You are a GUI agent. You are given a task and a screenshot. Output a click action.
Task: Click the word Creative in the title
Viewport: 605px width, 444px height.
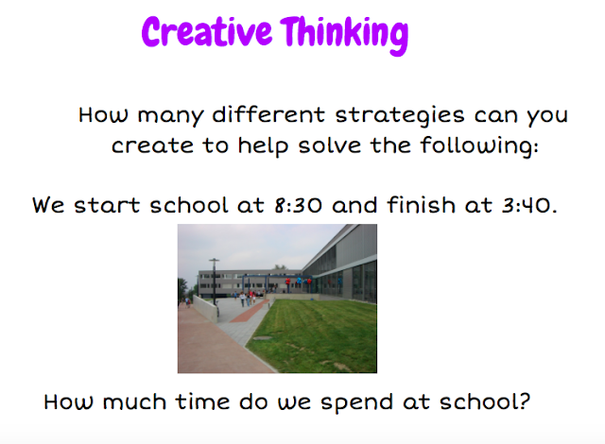(x=207, y=31)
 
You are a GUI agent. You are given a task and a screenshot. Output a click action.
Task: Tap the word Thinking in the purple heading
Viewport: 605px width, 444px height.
(x=344, y=35)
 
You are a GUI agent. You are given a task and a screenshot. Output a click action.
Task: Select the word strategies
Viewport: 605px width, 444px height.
(x=399, y=116)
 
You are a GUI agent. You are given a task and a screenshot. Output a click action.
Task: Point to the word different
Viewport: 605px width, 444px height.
(x=268, y=114)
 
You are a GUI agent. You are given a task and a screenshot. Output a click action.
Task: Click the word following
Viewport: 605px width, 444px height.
(x=479, y=146)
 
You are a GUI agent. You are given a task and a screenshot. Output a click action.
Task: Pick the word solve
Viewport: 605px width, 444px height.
(x=330, y=145)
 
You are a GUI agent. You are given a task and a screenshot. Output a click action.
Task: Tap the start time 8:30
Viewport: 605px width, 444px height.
(x=298, y=205)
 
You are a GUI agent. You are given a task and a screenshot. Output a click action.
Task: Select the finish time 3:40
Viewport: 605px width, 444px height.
(x=528, y=205)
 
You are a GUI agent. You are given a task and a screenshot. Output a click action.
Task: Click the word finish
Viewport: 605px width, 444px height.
(x=421, y=204)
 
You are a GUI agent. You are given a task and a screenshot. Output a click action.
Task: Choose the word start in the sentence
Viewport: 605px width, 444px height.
(x=107, y=205)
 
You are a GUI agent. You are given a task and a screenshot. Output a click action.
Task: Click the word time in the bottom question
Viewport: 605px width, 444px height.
(x=203, y=401)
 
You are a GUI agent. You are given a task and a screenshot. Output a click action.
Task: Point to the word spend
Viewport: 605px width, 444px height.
(x=356, y=403)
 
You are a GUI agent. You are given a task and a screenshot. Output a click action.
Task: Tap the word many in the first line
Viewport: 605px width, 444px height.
(x=170, y=116)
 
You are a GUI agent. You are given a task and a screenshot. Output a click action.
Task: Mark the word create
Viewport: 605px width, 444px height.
(x=152, y=146)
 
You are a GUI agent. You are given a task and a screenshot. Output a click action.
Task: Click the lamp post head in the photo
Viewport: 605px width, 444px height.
(x=215, y=260)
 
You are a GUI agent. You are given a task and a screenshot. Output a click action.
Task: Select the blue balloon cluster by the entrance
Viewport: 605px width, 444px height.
(x=299, y=282)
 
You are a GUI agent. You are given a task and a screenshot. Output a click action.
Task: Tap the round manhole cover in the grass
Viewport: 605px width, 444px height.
(x=263, y=338)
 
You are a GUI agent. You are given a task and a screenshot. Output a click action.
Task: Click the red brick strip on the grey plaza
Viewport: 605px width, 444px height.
(x=250, y=312)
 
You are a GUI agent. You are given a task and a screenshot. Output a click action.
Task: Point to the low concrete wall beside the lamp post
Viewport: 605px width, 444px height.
(x=205, y=309)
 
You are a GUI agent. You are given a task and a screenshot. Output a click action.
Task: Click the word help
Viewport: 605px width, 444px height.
(x=263, y=146)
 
